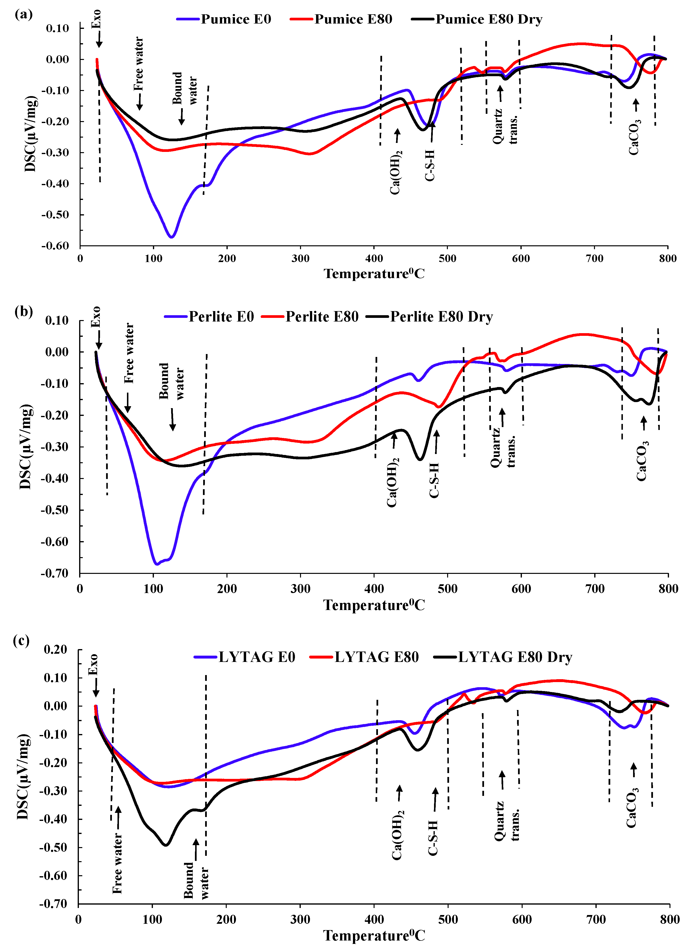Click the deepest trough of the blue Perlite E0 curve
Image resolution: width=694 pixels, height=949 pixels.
point(157,564)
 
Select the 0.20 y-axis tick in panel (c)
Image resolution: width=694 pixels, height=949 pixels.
point(55,650)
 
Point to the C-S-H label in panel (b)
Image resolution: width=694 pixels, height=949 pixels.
point(434,480)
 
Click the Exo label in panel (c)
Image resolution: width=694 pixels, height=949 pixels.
point(93,664)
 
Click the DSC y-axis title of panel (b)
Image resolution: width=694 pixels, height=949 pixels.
point(25,446)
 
